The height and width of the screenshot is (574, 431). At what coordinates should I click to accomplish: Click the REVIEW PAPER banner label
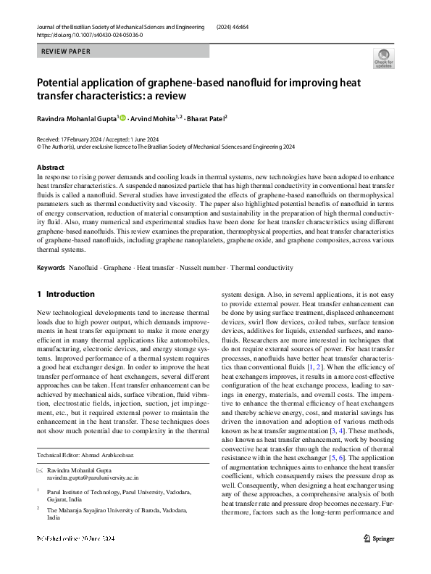[x=64, y=52]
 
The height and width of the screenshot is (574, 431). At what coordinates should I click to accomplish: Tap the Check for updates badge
[x=383, y=59]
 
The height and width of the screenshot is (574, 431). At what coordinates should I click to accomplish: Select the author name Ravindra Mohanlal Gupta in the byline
[x=76, y=118]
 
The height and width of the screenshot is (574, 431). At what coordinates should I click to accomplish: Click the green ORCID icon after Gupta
[x=122, y=118]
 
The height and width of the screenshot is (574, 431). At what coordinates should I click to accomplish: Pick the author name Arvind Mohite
[x=151, y=118]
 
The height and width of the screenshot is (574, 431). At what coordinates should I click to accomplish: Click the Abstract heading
[x=50, y=167]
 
